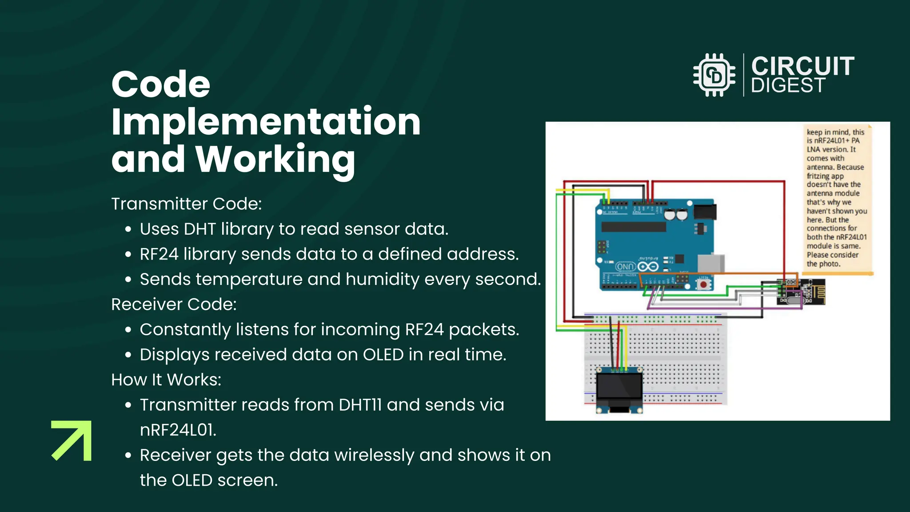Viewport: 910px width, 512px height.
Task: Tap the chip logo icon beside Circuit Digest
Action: [714, 75]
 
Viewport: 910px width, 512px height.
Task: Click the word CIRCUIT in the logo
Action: [802, 66]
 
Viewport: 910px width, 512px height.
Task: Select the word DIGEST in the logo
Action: [788, 85]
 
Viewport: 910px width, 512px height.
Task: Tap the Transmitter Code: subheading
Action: [186, 204]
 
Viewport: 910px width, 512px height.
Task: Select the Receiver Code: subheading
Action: [174, 304]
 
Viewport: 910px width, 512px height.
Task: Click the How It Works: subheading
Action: [166, 380]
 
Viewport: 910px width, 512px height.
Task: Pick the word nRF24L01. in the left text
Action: [178, 430]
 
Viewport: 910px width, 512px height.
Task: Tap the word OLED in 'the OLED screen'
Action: [192, 480]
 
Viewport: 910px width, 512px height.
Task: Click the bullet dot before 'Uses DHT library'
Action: [128, 229]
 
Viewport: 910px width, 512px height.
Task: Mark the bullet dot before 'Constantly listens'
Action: [128, 330]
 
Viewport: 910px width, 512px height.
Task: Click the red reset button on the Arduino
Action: [703, 284]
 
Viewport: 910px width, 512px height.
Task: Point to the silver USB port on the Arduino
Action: [711, 263]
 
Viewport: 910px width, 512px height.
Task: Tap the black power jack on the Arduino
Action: [705, 212]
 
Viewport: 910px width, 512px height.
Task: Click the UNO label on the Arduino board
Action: [625, 267]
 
